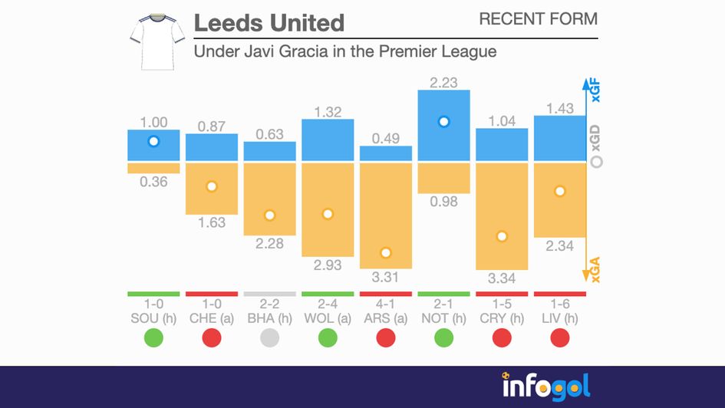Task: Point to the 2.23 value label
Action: click(x=443, y=81)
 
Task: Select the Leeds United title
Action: click(x=269, y=23)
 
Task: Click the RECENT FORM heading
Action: click(x=538, y=19)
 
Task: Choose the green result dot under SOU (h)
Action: click(x=153, y=337)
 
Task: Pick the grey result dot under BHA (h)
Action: click(x=269, y=337)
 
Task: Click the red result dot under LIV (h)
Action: click(x=560, y=337)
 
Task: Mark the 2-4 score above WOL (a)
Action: click(x=328, y=304)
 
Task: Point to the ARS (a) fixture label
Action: click(x=386, y=318)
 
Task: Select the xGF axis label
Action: click(x=595, y=90)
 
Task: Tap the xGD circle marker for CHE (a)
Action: click(x=212, y=186)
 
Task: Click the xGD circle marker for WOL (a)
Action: click(x=328, y=214)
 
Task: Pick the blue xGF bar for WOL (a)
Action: click(x=328, y=140)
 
